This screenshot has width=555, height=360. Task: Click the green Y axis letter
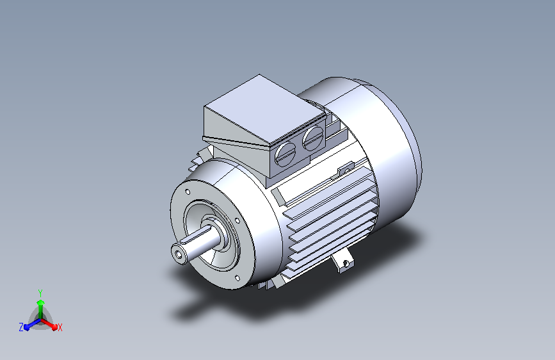[40, 293]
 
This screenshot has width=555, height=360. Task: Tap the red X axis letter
[60, 327]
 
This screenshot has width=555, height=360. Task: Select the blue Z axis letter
[21, 327]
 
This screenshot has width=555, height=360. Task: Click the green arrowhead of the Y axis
[41, 302]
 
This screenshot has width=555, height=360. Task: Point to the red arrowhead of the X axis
[54, 326]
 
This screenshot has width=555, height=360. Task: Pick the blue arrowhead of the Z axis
[27, 327]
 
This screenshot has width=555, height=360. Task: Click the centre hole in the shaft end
[178, 254]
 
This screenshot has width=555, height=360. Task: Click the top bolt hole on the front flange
[188, 192]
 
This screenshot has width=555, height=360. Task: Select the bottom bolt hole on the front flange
[237, 278]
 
